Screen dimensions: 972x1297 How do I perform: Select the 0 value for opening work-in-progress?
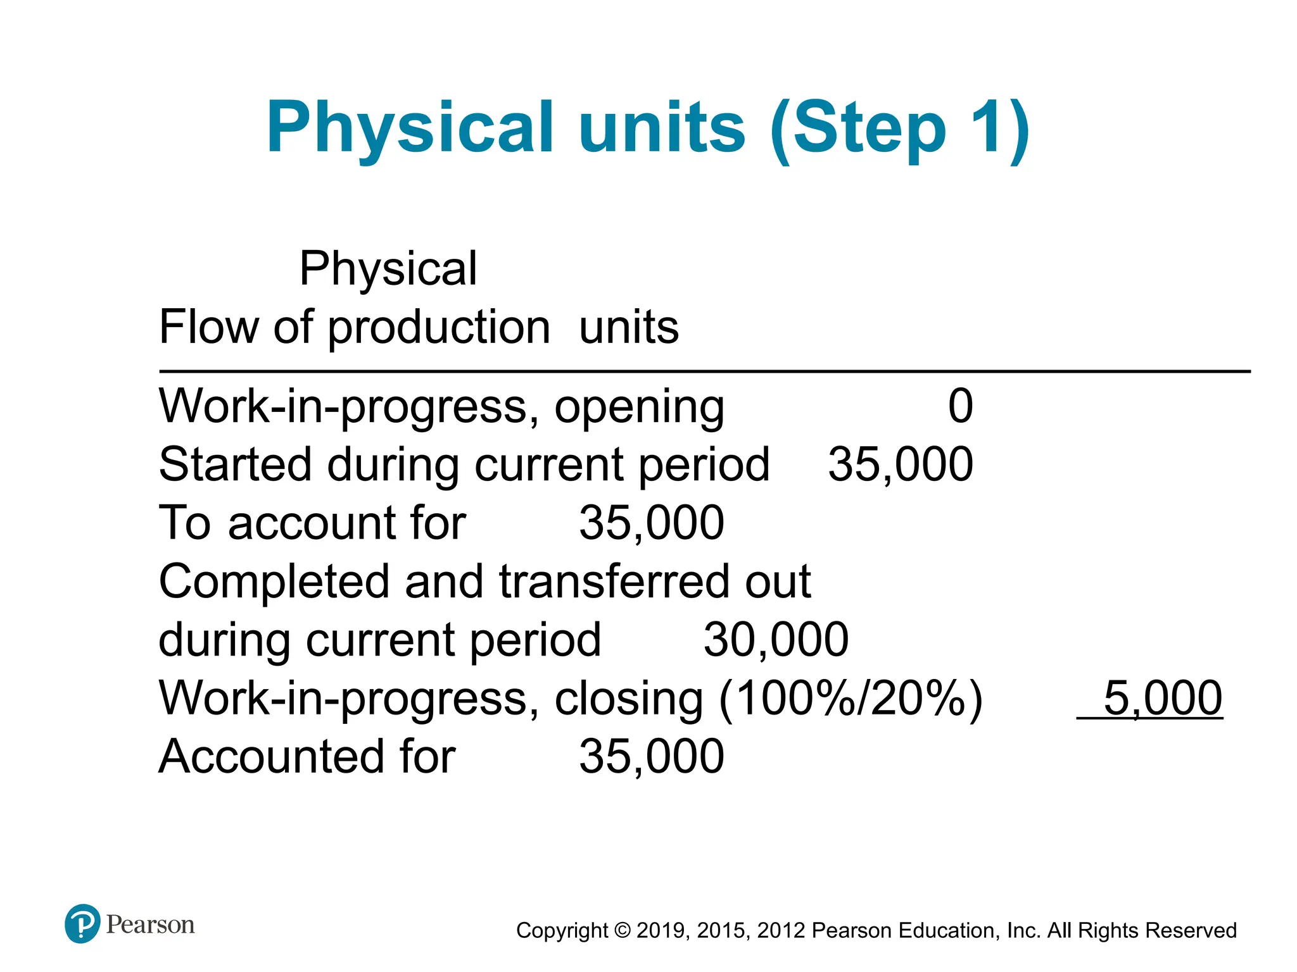(x=960, y=406)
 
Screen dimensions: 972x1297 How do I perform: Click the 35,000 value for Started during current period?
(x=900, y=464)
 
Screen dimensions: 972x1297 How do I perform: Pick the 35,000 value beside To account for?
(x=651, y=523)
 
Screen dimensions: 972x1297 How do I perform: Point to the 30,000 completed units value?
(x=776, y=640)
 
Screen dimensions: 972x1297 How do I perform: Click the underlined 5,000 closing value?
(x=1162, y=699)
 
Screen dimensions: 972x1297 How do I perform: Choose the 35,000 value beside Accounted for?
(x=651, y=757)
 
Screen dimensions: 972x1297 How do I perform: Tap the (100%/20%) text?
(x=851, y=699)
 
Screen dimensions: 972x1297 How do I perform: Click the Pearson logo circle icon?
(x=82, y=924)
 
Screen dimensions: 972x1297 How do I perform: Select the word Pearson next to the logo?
(x=150, y=925)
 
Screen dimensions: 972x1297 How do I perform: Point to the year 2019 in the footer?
(x=660, y=931)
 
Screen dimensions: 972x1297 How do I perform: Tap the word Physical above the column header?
(x=388, y=268)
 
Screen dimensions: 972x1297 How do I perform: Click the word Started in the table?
(x=235, y=464)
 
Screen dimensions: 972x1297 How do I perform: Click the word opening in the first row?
(x=639, y=408)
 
